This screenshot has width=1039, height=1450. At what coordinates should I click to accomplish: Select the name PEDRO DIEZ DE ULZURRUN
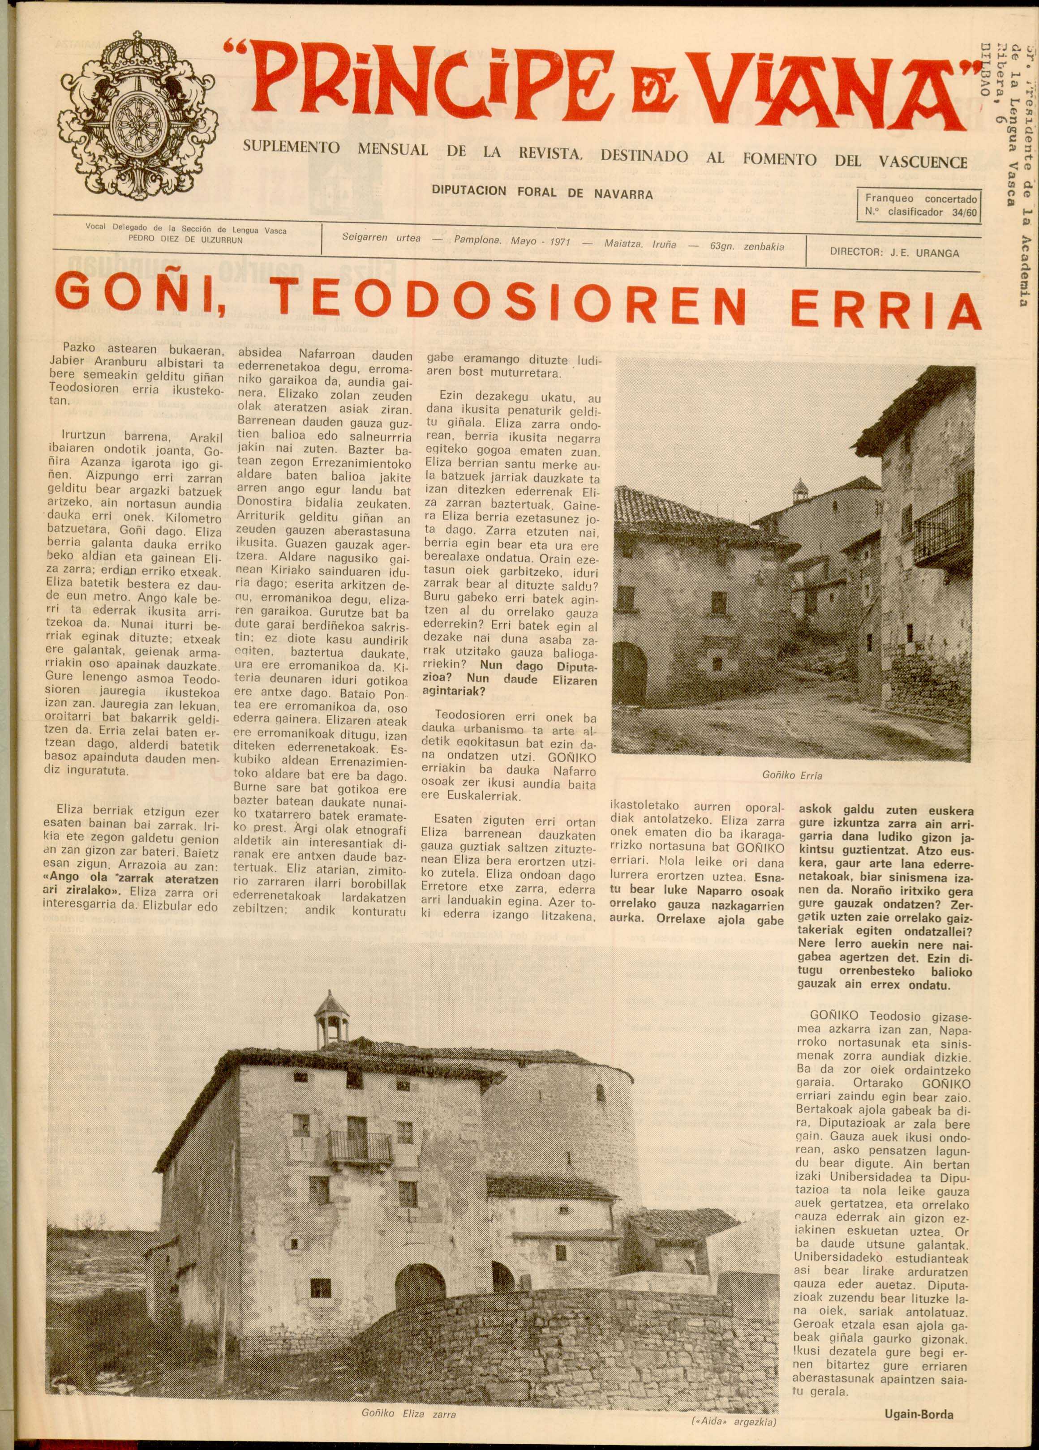(186, 240)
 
